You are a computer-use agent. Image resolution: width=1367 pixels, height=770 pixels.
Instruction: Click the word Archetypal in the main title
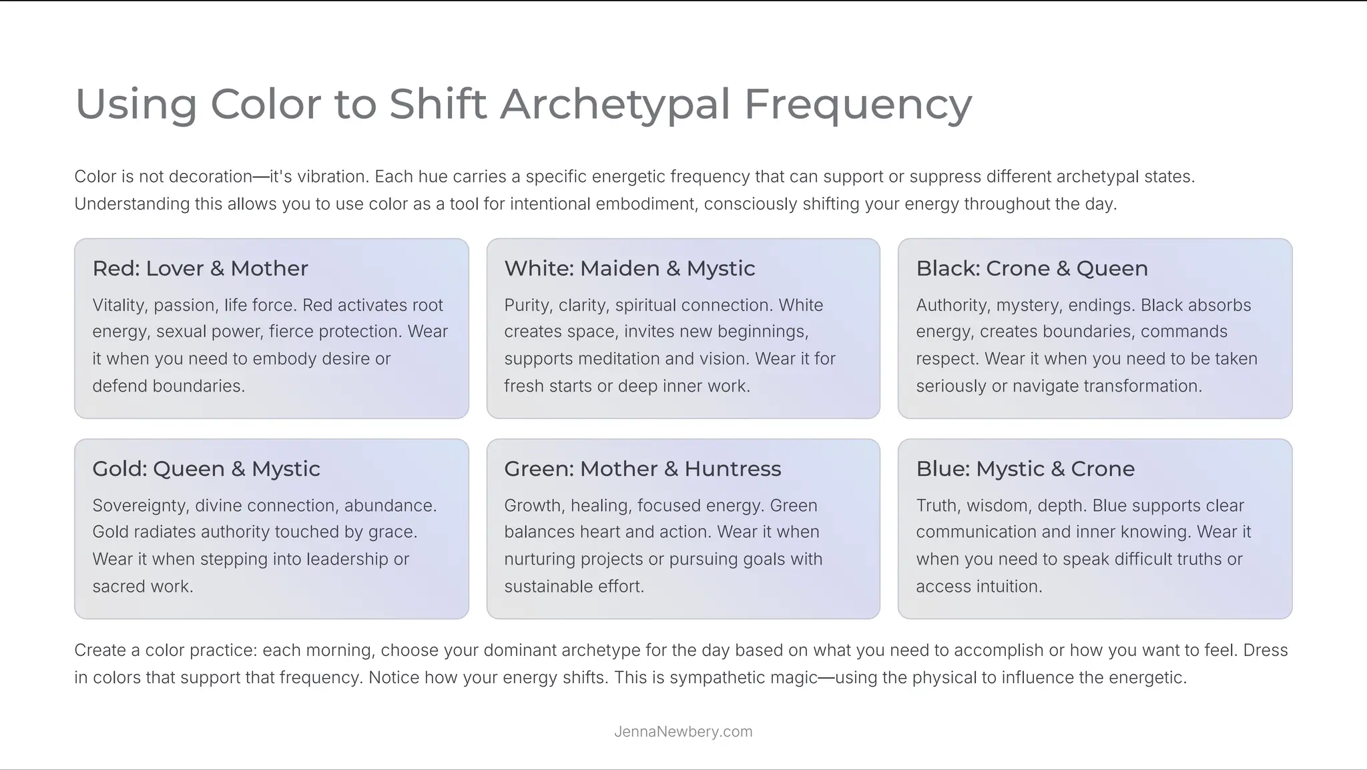click(x=615, y=104)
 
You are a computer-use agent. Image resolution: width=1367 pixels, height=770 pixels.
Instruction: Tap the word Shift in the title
click(x=437, y=104)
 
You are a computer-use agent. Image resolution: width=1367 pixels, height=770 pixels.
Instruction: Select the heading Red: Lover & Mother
click(x=200, y=268)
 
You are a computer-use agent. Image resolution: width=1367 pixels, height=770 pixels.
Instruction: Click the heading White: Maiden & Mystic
click(x=629, y=268)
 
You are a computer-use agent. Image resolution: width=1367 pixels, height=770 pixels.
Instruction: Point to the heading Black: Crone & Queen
click(x=1032, y=268)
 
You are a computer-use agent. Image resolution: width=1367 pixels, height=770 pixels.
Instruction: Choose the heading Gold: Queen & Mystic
click(x=206, y=468)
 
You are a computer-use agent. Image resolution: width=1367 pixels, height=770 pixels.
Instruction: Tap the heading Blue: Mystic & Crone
click(x=1025, y=468)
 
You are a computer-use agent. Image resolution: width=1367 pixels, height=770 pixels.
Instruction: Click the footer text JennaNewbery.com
click(x=683, y=731)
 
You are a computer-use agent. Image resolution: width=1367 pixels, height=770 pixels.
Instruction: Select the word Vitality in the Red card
click(x=119, y=305)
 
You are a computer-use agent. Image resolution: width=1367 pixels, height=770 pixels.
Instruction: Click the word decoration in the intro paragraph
click(x=210, y=177)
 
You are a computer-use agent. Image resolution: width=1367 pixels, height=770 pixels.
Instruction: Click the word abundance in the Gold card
click(x=389, y=505)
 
